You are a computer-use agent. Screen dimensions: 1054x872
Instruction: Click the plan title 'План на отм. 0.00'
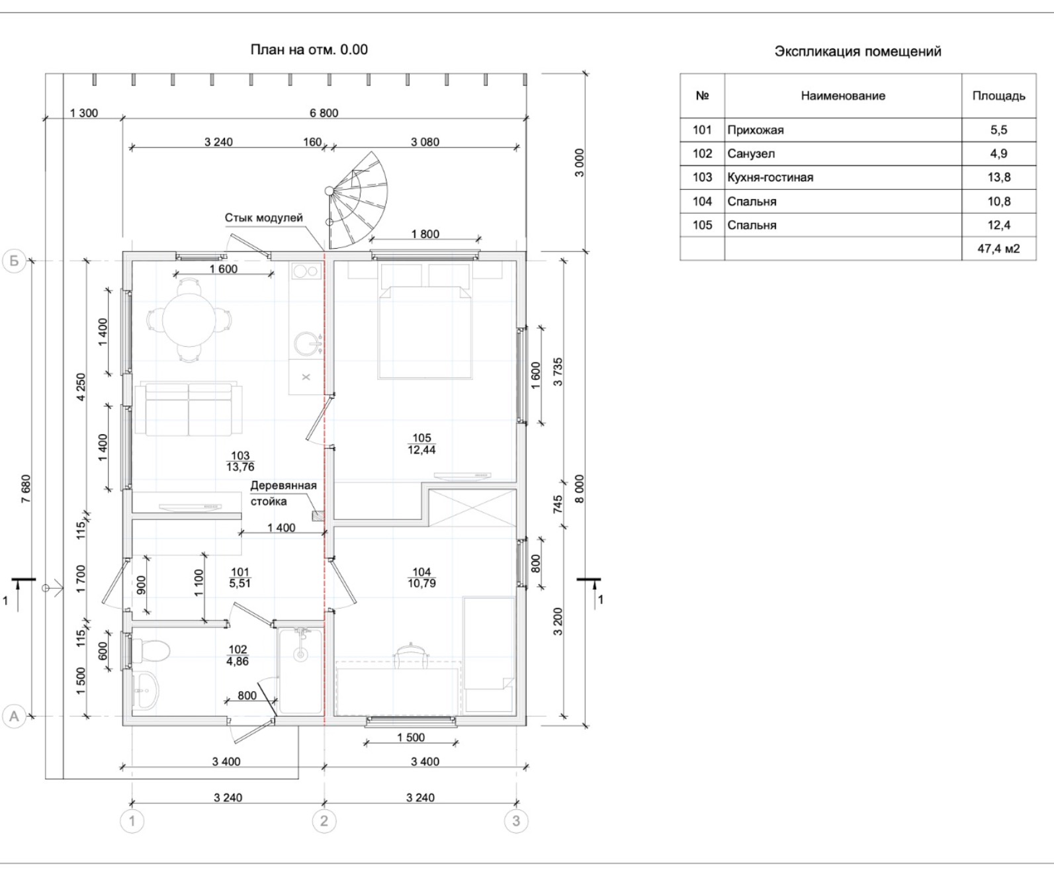(x=309, y=50)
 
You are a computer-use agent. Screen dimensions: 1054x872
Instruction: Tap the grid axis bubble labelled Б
(x=14, y=261)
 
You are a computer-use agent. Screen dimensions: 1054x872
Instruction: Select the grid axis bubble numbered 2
(x=324, y=820)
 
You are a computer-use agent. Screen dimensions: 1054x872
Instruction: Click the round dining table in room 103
(x=189, y=320)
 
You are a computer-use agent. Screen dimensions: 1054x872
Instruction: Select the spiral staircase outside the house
(x=357, y=200)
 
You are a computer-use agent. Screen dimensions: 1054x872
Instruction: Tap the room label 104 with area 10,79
(x=421, y=578)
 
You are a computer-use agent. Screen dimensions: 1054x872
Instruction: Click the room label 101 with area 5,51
(x=240, y=578)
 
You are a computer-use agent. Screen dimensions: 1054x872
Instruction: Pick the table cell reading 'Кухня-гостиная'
(x=770, y=177)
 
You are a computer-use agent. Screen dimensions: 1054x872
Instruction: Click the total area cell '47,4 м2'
(x=998, y=248)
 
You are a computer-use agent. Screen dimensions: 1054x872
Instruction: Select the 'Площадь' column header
(x=998, y=96)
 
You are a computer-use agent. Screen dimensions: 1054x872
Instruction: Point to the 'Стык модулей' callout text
(x=263, y=218)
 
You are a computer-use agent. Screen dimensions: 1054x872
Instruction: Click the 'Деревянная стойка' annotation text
(x=283, y=494)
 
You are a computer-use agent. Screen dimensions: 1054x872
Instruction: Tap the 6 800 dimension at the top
(x=324, y=112)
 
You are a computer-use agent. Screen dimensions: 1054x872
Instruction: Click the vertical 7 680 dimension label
(x=26, y=489)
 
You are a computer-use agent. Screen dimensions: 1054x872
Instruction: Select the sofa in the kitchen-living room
(x=189, y=409)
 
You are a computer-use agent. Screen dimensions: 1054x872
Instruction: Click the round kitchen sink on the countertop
(x=307, y=344)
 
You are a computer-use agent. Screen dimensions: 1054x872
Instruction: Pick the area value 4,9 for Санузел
(x=998, y=153)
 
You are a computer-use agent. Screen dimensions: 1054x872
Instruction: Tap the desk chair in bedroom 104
(x=411, y=655)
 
